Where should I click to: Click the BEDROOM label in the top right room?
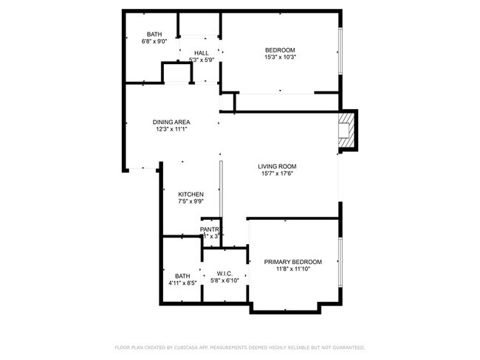(280, 49)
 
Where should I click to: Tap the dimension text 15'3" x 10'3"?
(280, 58)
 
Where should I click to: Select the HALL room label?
(201, 53)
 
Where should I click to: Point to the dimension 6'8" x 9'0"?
(154, 41)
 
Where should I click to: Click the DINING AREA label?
(171, 122)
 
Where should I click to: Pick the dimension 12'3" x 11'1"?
(171, 130)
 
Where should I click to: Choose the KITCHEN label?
(191, 195)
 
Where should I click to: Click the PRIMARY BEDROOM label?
(293, 262)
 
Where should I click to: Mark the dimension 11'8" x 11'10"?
(293, 270)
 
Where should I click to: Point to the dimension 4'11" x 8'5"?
(182, 283)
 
